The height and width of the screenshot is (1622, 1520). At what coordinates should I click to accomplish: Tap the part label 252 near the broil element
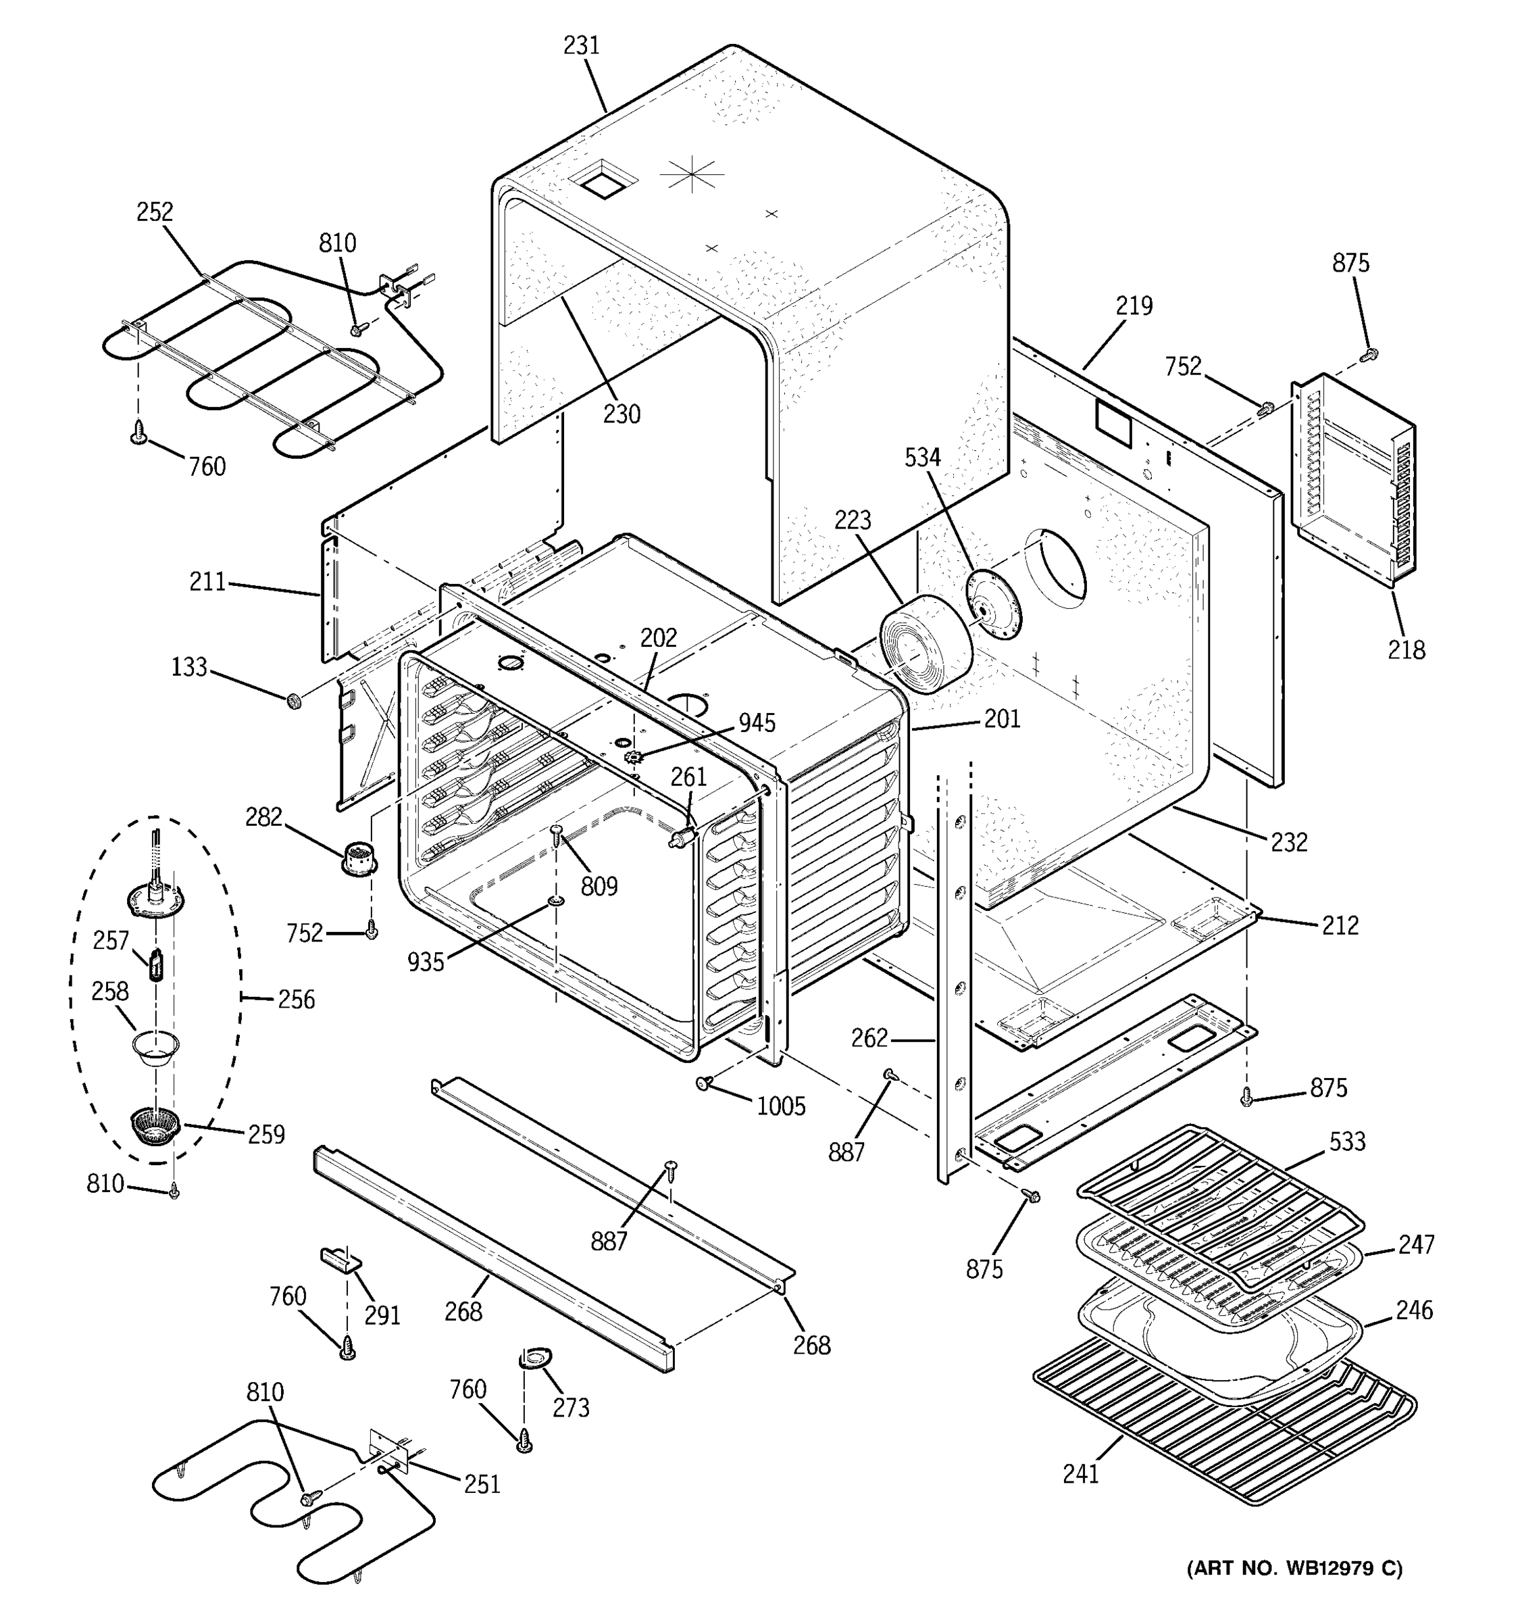tap(154, 212)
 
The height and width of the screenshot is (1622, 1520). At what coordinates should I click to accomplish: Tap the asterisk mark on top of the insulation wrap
tap(692, 174)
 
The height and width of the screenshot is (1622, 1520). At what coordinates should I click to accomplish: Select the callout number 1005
tap(780, 1106)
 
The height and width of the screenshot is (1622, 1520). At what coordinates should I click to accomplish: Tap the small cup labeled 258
tap(157, 1047)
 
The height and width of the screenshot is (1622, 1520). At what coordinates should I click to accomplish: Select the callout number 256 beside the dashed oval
tap(295, 1000)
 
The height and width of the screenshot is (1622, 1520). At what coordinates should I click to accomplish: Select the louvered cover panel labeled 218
tap(1354, 481)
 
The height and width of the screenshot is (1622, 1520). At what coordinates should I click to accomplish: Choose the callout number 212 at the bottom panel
tap(1340, 925)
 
